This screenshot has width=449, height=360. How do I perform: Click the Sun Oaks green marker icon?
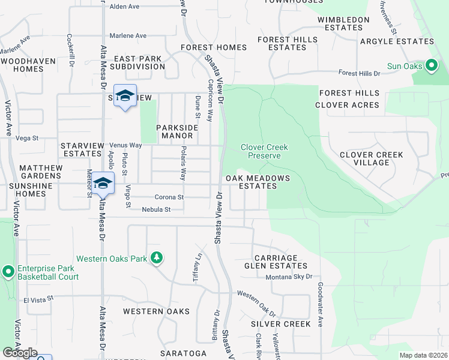coord(431,65)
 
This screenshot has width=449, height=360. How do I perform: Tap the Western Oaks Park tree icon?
coord(157,258)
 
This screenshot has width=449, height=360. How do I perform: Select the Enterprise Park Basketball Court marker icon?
coord(8,272)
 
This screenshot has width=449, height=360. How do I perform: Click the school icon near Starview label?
coord(125,96)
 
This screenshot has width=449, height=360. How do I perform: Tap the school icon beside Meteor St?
coord(103,183)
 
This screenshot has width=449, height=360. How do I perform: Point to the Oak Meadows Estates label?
coord(258,182)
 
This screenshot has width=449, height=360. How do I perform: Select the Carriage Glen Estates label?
coord(276,262)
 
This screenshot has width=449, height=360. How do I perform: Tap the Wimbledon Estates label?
coord(343,23)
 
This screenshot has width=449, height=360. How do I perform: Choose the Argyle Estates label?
coord(396,41)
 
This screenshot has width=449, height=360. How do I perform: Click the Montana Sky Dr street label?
coord(289,277)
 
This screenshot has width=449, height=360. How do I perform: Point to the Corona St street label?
coord(169,197)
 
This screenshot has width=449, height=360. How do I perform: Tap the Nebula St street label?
coord(157,209)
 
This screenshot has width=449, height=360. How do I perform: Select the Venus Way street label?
coord(125,145)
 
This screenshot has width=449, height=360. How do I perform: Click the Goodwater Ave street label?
coord(321,304)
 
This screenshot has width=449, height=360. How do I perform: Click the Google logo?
coord(19,353)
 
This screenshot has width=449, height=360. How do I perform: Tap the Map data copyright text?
coord(423,355)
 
